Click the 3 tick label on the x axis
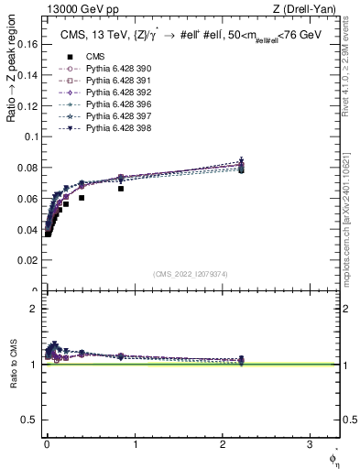coord(309,445)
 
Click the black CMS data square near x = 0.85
coord(121,189)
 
